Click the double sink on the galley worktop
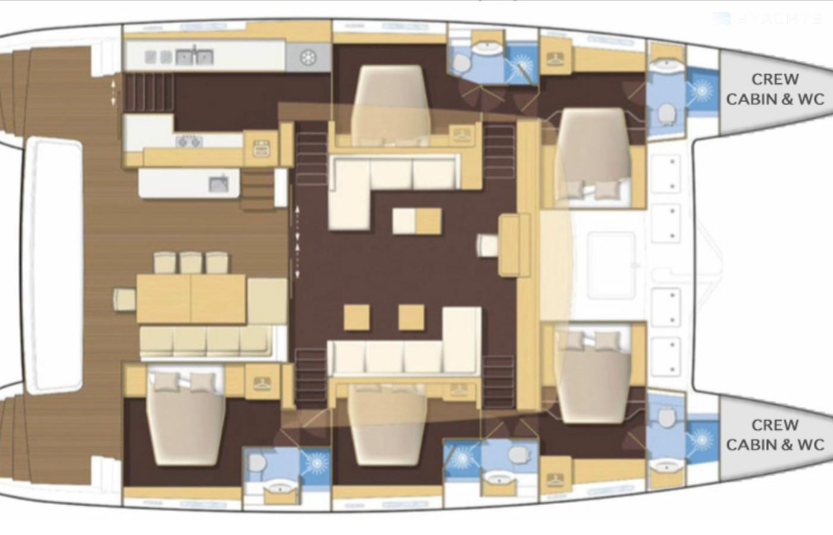coord(195,57)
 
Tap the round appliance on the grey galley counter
coord(308,58)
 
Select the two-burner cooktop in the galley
coord(189,141)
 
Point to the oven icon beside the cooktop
coord(262,149)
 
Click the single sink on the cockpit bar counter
coord(219,184)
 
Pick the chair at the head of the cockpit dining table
coord(124,300)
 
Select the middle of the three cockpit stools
coord(191,263)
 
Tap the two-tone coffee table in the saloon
coord(417,221)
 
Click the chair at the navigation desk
coord(487,245)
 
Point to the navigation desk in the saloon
coord(514,245)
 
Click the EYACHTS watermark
coord(767,18)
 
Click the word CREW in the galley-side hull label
coord(775,79)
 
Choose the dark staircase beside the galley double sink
coord(149,92)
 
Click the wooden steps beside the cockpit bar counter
coord(258,190)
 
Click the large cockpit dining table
coord(191,299)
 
